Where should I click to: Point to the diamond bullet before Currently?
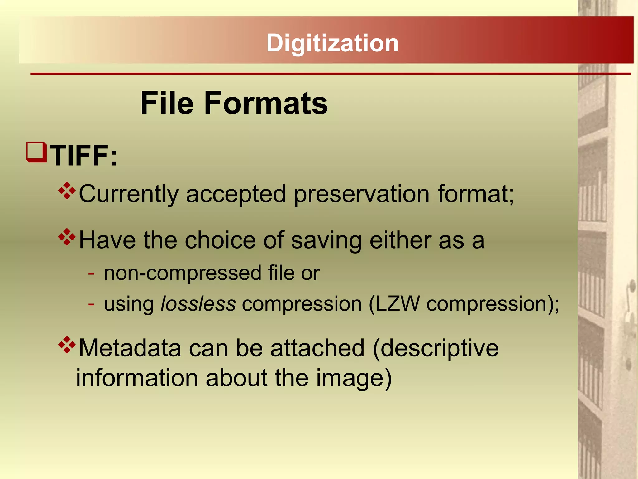(67, 191)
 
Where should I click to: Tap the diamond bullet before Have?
(67, 237)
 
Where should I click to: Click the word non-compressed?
(183, 273)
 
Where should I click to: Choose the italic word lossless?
(198, 304)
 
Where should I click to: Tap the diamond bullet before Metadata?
(67, 345)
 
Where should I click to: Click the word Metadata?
(130, 348)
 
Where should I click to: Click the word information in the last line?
(137, 378)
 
